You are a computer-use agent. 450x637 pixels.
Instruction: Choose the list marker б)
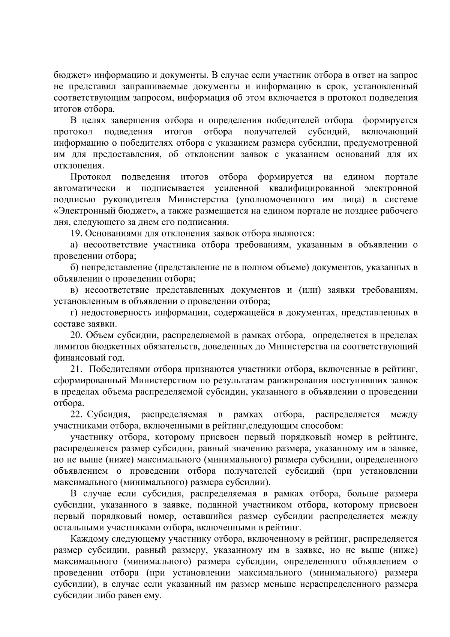[74, 268]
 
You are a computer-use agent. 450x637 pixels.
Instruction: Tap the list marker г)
[73, 313]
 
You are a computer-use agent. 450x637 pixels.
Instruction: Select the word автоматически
[84, 188]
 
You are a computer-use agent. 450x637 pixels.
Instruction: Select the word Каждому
[88, 539]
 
